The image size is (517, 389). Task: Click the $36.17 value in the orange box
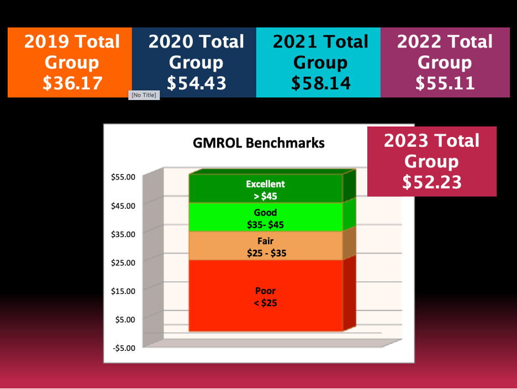[72, 83]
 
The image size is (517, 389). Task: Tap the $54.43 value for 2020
[197, 83]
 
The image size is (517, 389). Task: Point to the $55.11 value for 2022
[445, 83]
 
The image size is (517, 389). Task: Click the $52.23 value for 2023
[431, 182]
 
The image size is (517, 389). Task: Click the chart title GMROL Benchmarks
[258, 143]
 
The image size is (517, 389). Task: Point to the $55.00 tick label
[123, 177]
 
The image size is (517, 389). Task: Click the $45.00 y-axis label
[123, 206]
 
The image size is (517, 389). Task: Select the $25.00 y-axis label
[123, 262]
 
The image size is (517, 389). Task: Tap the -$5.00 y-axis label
[123, 348]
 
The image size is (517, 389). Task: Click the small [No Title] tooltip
[144, 95]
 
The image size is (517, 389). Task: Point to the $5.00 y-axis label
[125, 319]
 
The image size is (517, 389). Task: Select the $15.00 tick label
[123, 291]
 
